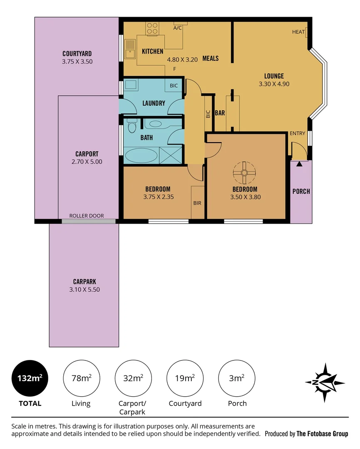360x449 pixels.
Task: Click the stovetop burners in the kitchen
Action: [152, 28]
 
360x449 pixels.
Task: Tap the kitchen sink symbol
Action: [130, 49]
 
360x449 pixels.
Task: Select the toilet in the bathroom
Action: [132, 126]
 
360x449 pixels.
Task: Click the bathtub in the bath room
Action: [140, 155]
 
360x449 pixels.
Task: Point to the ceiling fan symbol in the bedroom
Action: [244, 173]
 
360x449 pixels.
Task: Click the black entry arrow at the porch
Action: [299, 164]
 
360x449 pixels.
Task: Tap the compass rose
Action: [325, 382]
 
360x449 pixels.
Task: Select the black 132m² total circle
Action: [30, 378]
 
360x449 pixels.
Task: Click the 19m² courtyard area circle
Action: [185, 378]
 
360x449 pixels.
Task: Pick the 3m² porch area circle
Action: [237, 378]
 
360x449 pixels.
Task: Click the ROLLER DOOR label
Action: [87, 216]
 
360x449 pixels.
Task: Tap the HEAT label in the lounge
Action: [298, 32]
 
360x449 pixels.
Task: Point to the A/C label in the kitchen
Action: [177, 28]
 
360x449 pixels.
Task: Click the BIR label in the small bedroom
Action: [197, 203]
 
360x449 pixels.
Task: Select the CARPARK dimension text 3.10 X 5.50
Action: [84, 289]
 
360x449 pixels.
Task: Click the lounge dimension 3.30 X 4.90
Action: [274, 84]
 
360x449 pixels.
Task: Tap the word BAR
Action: [220, 113]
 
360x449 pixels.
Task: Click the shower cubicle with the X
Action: [171, 155]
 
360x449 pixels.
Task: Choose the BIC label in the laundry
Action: [174, 86]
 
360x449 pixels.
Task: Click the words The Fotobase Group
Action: [323, 434]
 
